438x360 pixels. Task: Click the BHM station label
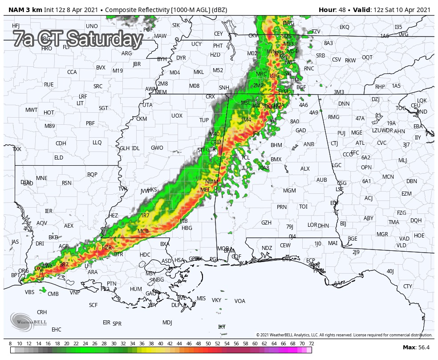[x=276, y=145]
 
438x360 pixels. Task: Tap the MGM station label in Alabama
[x=289, y=191]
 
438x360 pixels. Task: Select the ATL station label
[x=360, y=143]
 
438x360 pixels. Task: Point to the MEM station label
[x=161, y=92]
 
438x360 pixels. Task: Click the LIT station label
[x=80, y=103]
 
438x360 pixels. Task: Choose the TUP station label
[x=204, y=120]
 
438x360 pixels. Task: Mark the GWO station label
[x=157, y=148]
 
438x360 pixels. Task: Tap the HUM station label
[x=136, y=289]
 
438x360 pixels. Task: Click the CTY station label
[x=407, y=286]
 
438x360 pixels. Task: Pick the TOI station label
[x=303, y=207]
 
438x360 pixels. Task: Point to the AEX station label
[x=69, y=226]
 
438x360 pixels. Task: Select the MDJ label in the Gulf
[x=167, y=323]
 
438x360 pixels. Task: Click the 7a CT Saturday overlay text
[x=77, y=39]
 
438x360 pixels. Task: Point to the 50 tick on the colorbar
[x=208, y=343]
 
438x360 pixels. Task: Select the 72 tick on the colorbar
[x=311, y=343]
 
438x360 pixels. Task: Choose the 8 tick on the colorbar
[x=10, y=343]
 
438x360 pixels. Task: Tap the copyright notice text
[x=344, y=335]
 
